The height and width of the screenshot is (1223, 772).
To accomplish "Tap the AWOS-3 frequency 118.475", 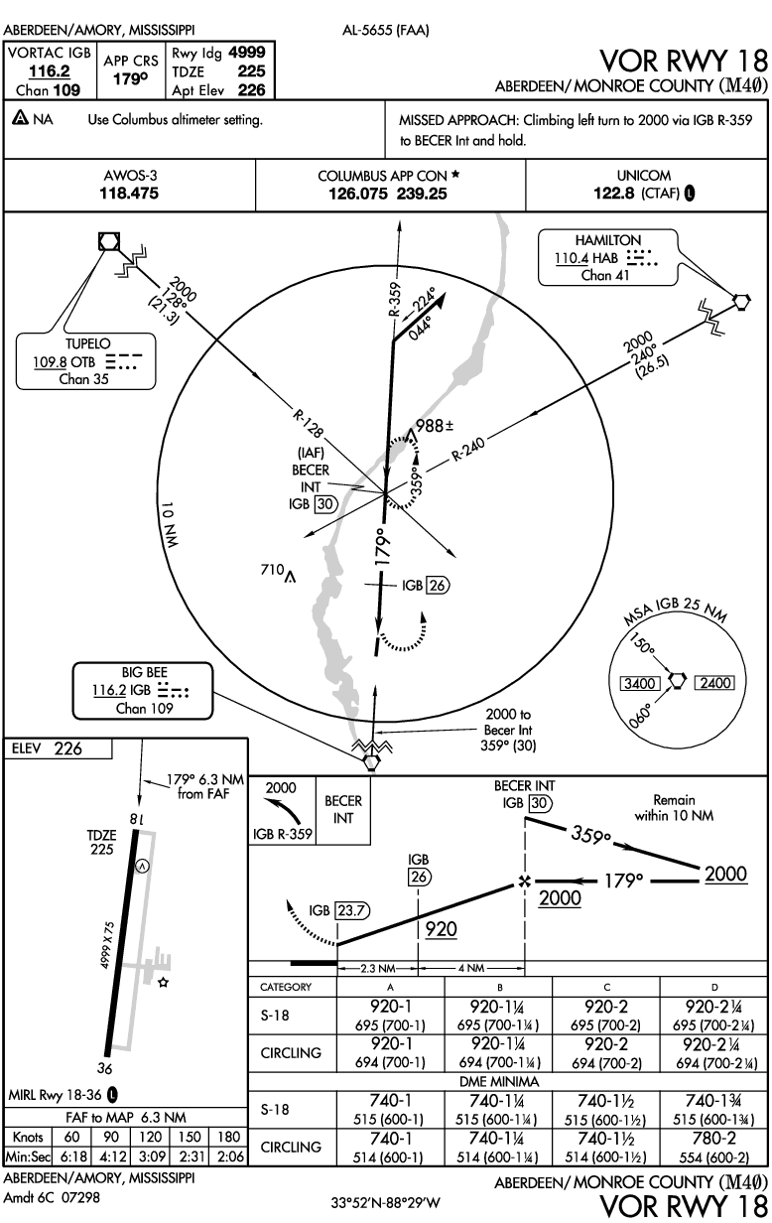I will click(129, 194).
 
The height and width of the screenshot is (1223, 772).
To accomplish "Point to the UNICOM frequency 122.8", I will click(613, 194).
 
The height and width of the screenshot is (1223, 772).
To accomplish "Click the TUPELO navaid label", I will click(87, 344).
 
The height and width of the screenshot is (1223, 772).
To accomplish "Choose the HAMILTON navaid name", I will click(607, 240).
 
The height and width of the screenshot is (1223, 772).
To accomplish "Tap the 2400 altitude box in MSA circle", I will click(714, 683).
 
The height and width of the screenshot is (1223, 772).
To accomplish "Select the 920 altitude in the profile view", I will click(442, 929).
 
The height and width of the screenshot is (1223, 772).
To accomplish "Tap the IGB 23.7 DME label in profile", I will click(337, 909).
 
